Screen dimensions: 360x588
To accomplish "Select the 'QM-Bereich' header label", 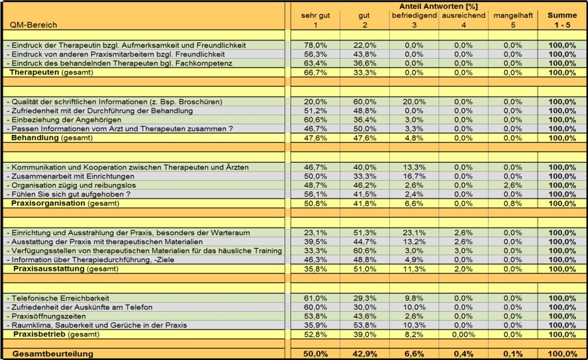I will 33,25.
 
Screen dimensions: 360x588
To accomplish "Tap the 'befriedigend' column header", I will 414,15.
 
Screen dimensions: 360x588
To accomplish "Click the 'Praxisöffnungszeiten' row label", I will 46,316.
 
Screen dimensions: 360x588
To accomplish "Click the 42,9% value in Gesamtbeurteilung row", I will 364,354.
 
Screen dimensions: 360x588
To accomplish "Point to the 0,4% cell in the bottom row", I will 463,354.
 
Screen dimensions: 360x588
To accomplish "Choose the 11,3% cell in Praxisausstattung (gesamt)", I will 414,269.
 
